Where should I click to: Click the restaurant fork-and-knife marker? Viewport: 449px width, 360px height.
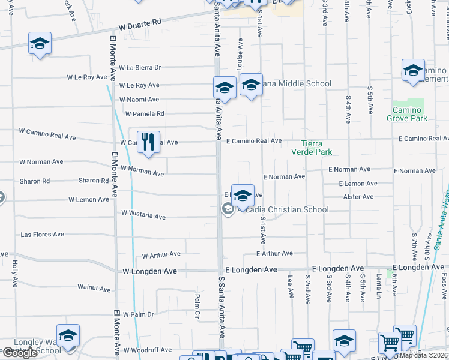tap(148, 142)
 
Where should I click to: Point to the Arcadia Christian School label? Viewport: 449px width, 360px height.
tap(283, 210)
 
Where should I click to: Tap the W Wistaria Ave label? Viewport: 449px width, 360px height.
tap(143, 214)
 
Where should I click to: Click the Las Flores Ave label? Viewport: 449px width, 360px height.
tap(41, 235)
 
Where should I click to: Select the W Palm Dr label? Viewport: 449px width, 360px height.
tap(138, 314)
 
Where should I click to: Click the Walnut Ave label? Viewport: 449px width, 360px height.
tap(94, 289)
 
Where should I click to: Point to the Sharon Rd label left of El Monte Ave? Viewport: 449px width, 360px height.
tap(35, 181)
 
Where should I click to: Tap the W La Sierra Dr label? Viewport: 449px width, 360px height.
tap(140, 68)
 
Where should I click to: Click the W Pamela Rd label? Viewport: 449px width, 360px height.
tap(144, 113)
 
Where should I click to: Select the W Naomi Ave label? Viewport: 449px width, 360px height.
tap(139, 100)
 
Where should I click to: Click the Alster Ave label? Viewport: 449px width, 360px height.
tap(358, 197)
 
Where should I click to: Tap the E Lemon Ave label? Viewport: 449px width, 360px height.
tap(358, 184)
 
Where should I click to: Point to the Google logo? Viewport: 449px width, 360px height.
tap(20, 353)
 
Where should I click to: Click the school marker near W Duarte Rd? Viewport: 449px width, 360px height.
tap(40, 44)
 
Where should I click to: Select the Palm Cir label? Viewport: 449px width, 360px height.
tap(197, 302)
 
